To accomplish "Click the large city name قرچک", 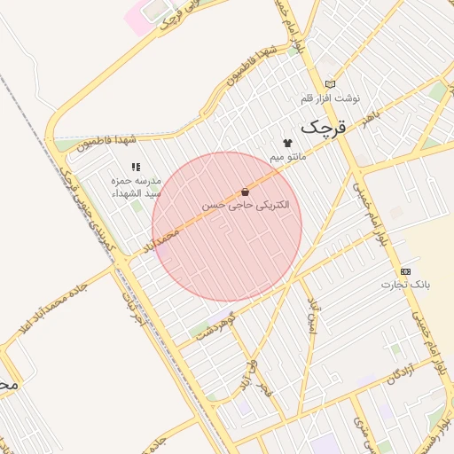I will pyautogui.click(x=319, y=127).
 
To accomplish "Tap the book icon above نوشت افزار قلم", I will pyautogui.click(x=331, y=84).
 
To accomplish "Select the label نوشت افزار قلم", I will pyautogui.click(x=332, y=98).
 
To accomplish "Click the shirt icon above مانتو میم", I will pyautogui.click(x=287, y=143).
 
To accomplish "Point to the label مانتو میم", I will pyautogui.click(x=289, y=157).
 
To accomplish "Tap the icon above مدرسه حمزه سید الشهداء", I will pyautogui.click(x=136, y=166).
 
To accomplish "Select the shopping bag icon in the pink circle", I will pyautogui.click(x=245, y=192).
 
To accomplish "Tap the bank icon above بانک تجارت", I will pyautogui.click(x=406, y=270).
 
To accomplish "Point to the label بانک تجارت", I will pyautogui.click(x=406, y=285).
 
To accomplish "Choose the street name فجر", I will pyautogui.click(x=263, y=387).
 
